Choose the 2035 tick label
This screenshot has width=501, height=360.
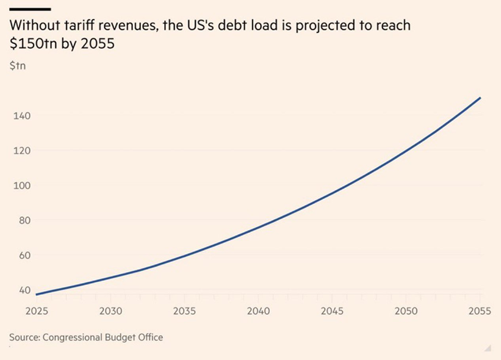[x=184, y=311]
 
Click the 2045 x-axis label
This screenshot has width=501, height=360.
[x=333, y=311]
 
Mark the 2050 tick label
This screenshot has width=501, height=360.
[x=406, y=311]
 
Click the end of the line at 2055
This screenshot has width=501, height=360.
[x=480, y=98]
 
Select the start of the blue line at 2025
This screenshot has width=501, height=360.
[x=37, y=294]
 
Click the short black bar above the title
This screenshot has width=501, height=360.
[x=29, y=9]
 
